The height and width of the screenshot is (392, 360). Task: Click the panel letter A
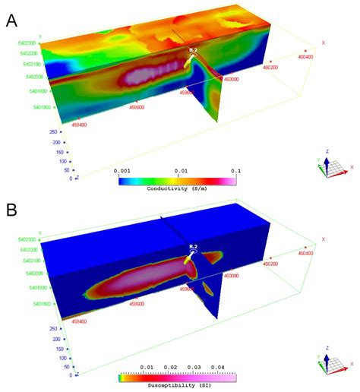pos(11,21)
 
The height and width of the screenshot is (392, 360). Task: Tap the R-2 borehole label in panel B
pos(193,248)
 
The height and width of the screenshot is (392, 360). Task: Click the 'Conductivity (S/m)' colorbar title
pos(178,188)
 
